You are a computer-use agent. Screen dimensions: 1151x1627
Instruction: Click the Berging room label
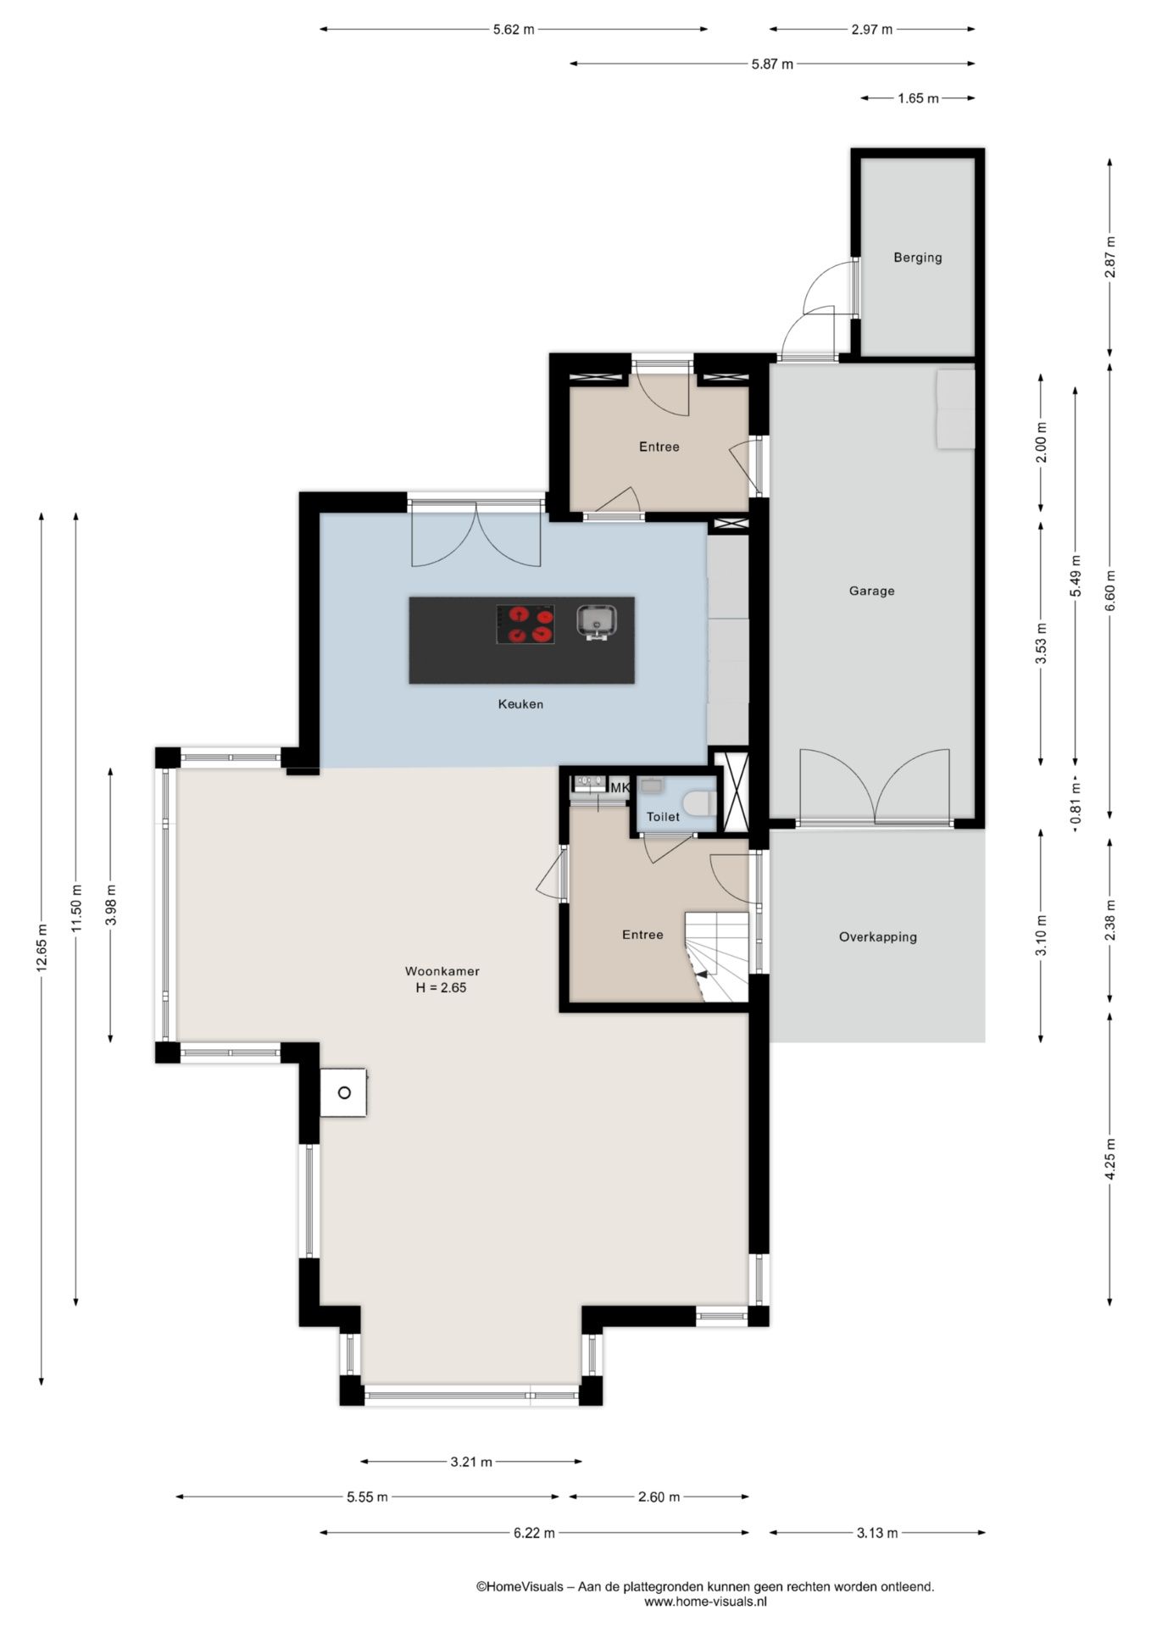point(917,258)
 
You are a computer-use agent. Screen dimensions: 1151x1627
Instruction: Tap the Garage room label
point(871,591)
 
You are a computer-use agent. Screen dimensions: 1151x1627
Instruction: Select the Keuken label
point(520,704)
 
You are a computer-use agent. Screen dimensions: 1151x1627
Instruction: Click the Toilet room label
point(663,817)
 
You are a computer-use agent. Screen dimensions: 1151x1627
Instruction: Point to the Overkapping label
point(878,937)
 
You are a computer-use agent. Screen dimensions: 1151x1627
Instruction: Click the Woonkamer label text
point(442,972)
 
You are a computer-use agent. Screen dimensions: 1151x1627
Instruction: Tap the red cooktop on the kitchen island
point(525,625)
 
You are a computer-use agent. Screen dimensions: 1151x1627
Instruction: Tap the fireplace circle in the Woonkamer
point(344,1093)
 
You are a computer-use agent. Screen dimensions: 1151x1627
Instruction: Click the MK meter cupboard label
point(620,788)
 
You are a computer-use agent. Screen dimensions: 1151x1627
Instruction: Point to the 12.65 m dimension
point(42,950)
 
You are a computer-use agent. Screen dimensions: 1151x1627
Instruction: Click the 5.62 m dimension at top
point(514,30)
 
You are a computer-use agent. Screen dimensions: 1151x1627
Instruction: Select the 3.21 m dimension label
point(471,1462)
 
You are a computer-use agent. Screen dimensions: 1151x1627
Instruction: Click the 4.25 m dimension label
point(1110,1158)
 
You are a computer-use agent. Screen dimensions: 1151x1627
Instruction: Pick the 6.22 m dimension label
point(534,1533)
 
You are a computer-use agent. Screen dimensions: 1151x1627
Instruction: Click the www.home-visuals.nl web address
point(705,1602)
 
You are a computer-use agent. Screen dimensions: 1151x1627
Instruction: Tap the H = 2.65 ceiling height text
point(442,988)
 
